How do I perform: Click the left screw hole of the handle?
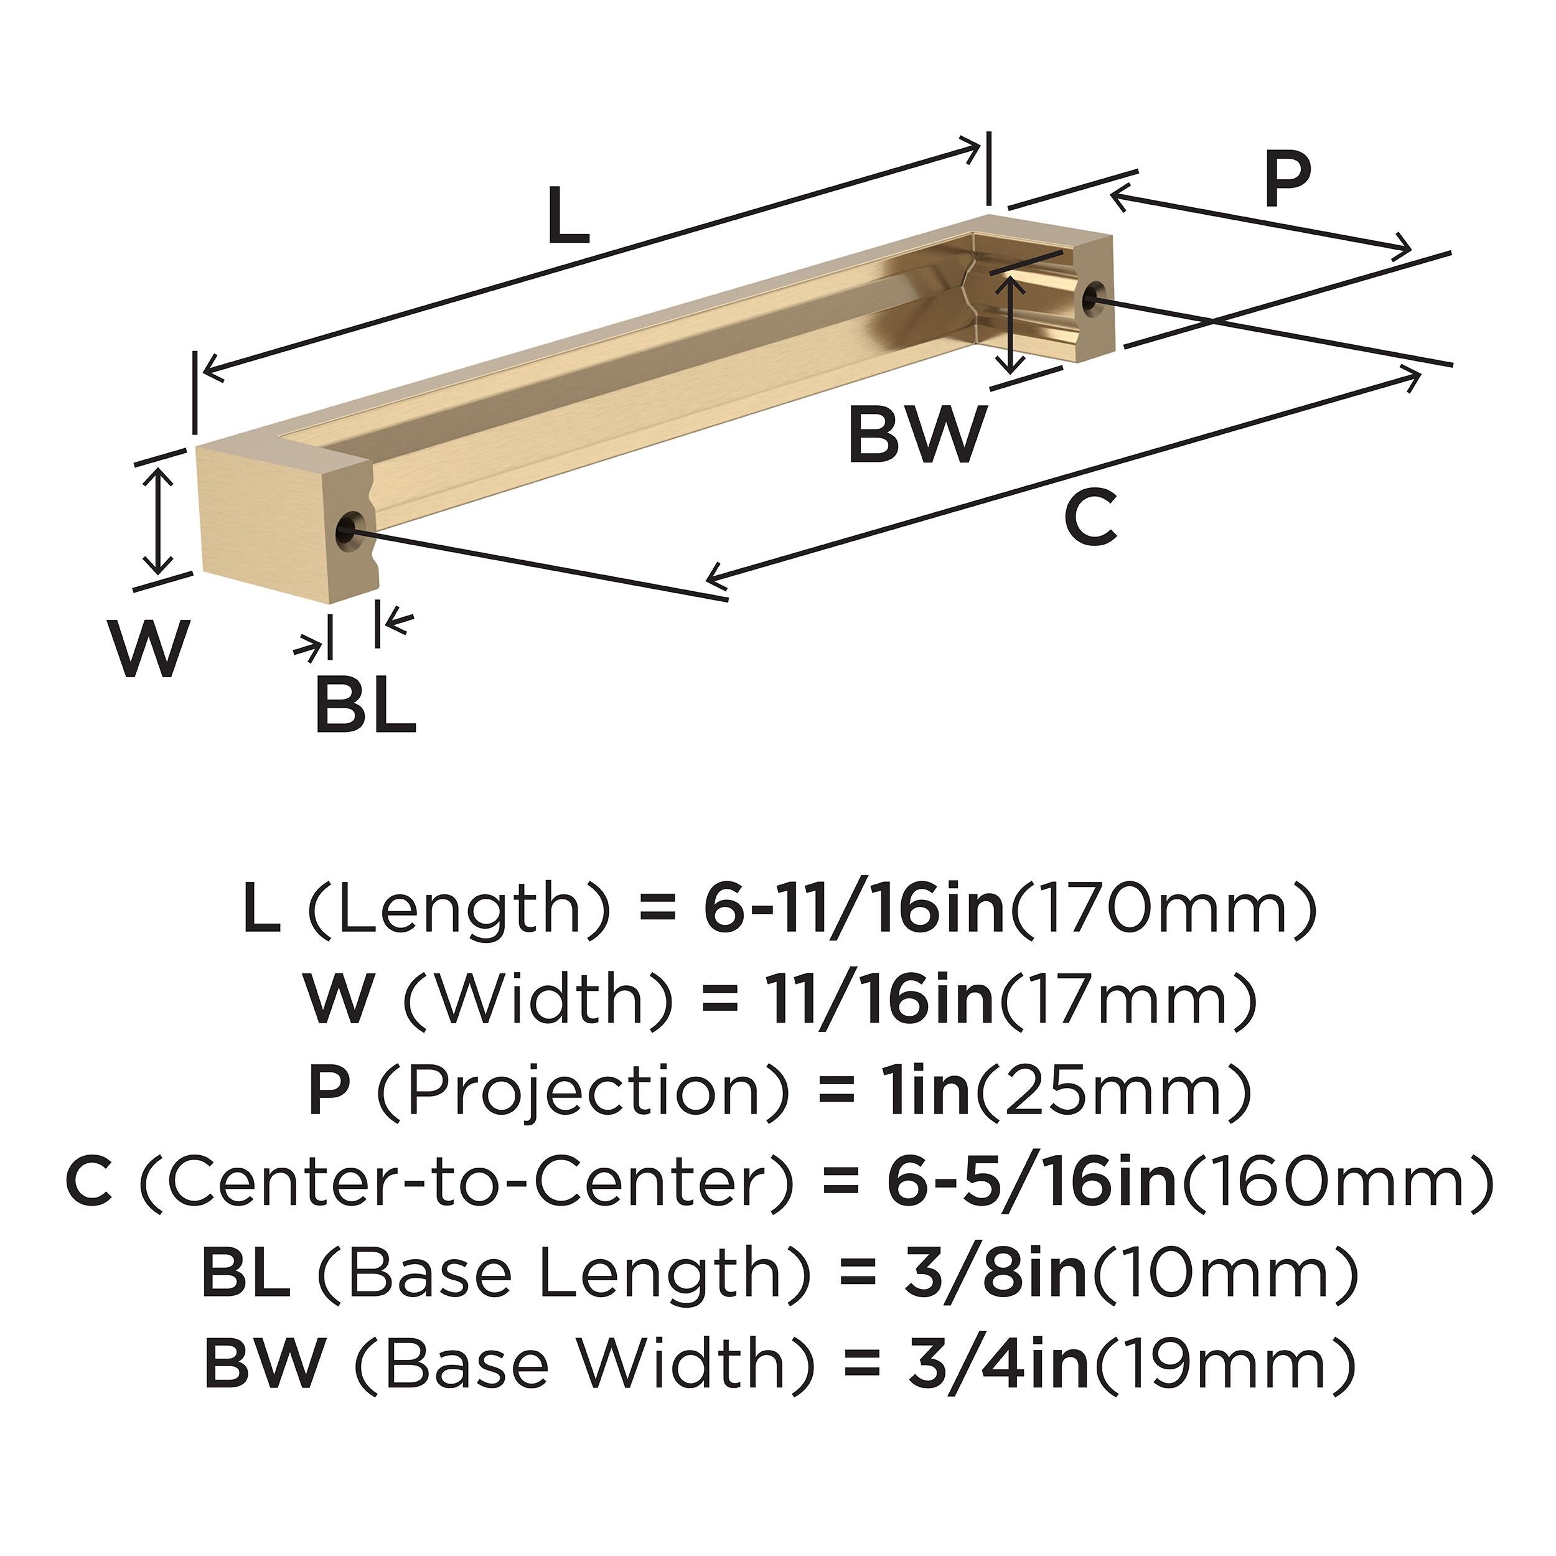tap(347, 529)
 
